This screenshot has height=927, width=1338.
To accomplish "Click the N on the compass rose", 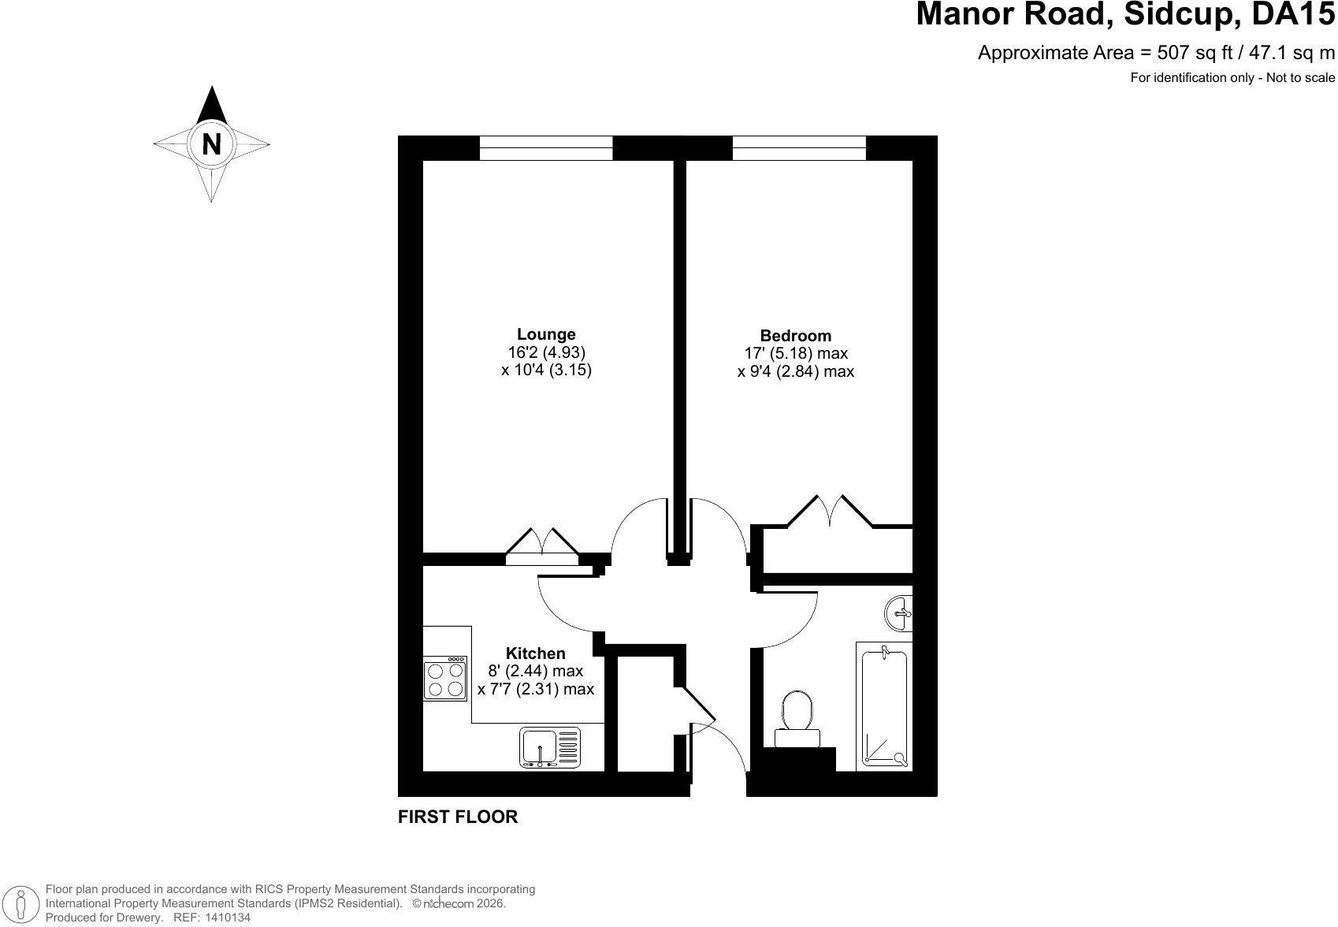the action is pos(211,144).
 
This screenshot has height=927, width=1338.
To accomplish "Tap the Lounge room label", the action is pos(546,335).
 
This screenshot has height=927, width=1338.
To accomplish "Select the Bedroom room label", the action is pos(796,336).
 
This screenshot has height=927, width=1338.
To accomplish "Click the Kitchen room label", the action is pos(535,653).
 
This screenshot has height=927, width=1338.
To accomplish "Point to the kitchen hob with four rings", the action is pos(445,679).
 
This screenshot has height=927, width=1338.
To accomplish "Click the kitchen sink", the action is pos(549,747).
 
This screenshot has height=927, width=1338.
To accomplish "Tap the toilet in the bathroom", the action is pos(797,719).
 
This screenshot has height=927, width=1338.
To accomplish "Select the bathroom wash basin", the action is pos(898,613).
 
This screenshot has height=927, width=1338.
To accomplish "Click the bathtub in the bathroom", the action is pos(884,706).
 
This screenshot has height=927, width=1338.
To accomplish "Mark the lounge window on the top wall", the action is pos(546,148).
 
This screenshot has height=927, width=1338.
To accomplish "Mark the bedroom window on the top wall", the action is pos(799,148).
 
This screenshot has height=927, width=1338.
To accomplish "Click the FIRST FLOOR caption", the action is pos(458,817).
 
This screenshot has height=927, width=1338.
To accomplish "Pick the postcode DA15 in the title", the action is pos(1292,13).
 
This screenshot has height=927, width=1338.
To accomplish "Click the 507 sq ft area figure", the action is pos(1195,53).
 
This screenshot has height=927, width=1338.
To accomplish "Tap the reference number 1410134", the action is pos(228,918).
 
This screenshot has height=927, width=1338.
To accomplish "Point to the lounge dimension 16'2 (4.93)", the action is pos(547,352).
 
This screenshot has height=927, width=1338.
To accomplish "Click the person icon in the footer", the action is pos(21,903).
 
